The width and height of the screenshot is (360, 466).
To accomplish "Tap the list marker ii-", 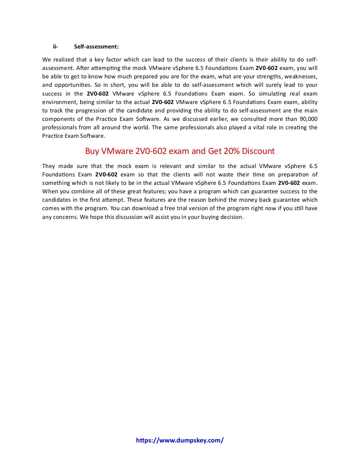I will [x=55, y=46].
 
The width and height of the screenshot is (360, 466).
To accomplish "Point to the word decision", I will [x=231, y=217].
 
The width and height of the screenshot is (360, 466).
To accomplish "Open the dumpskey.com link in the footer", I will [x=180, y=440].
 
